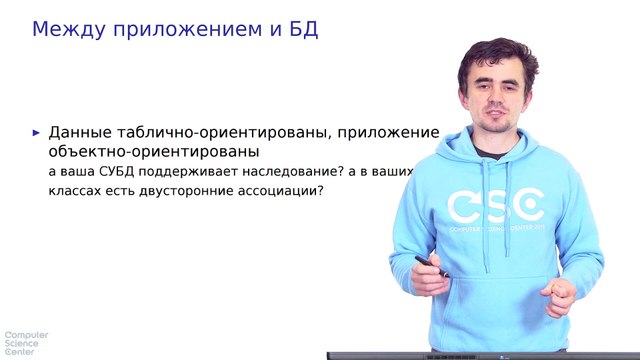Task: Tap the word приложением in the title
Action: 187,29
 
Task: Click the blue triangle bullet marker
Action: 37,132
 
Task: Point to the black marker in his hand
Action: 431,266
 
